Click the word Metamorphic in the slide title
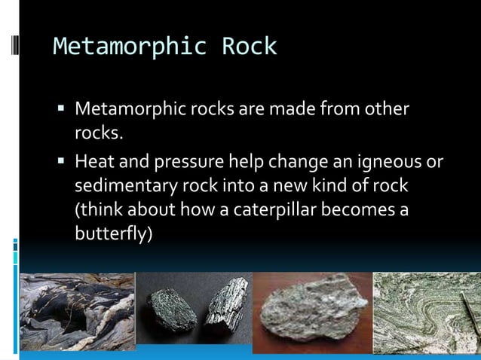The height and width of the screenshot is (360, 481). tap(129, 47)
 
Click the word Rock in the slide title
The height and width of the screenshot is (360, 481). tap(249, 47)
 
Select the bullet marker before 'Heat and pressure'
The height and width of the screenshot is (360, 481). tap(62, 162)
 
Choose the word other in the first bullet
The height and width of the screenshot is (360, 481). tap(388, 109)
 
